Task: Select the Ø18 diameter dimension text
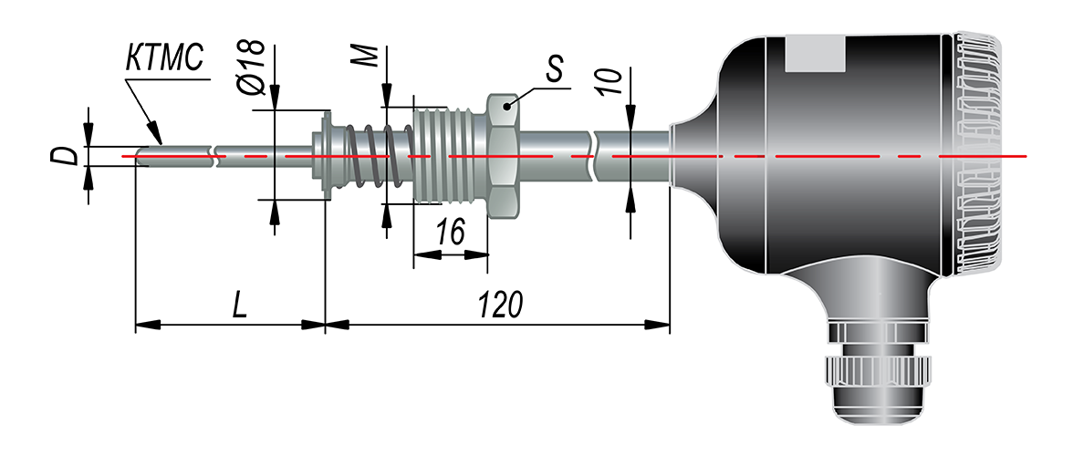(x=250, y=66)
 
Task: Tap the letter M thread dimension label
(x=367, y=57)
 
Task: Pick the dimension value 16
(x=450, y=233)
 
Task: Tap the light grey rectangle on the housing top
(x=817, y=54)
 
